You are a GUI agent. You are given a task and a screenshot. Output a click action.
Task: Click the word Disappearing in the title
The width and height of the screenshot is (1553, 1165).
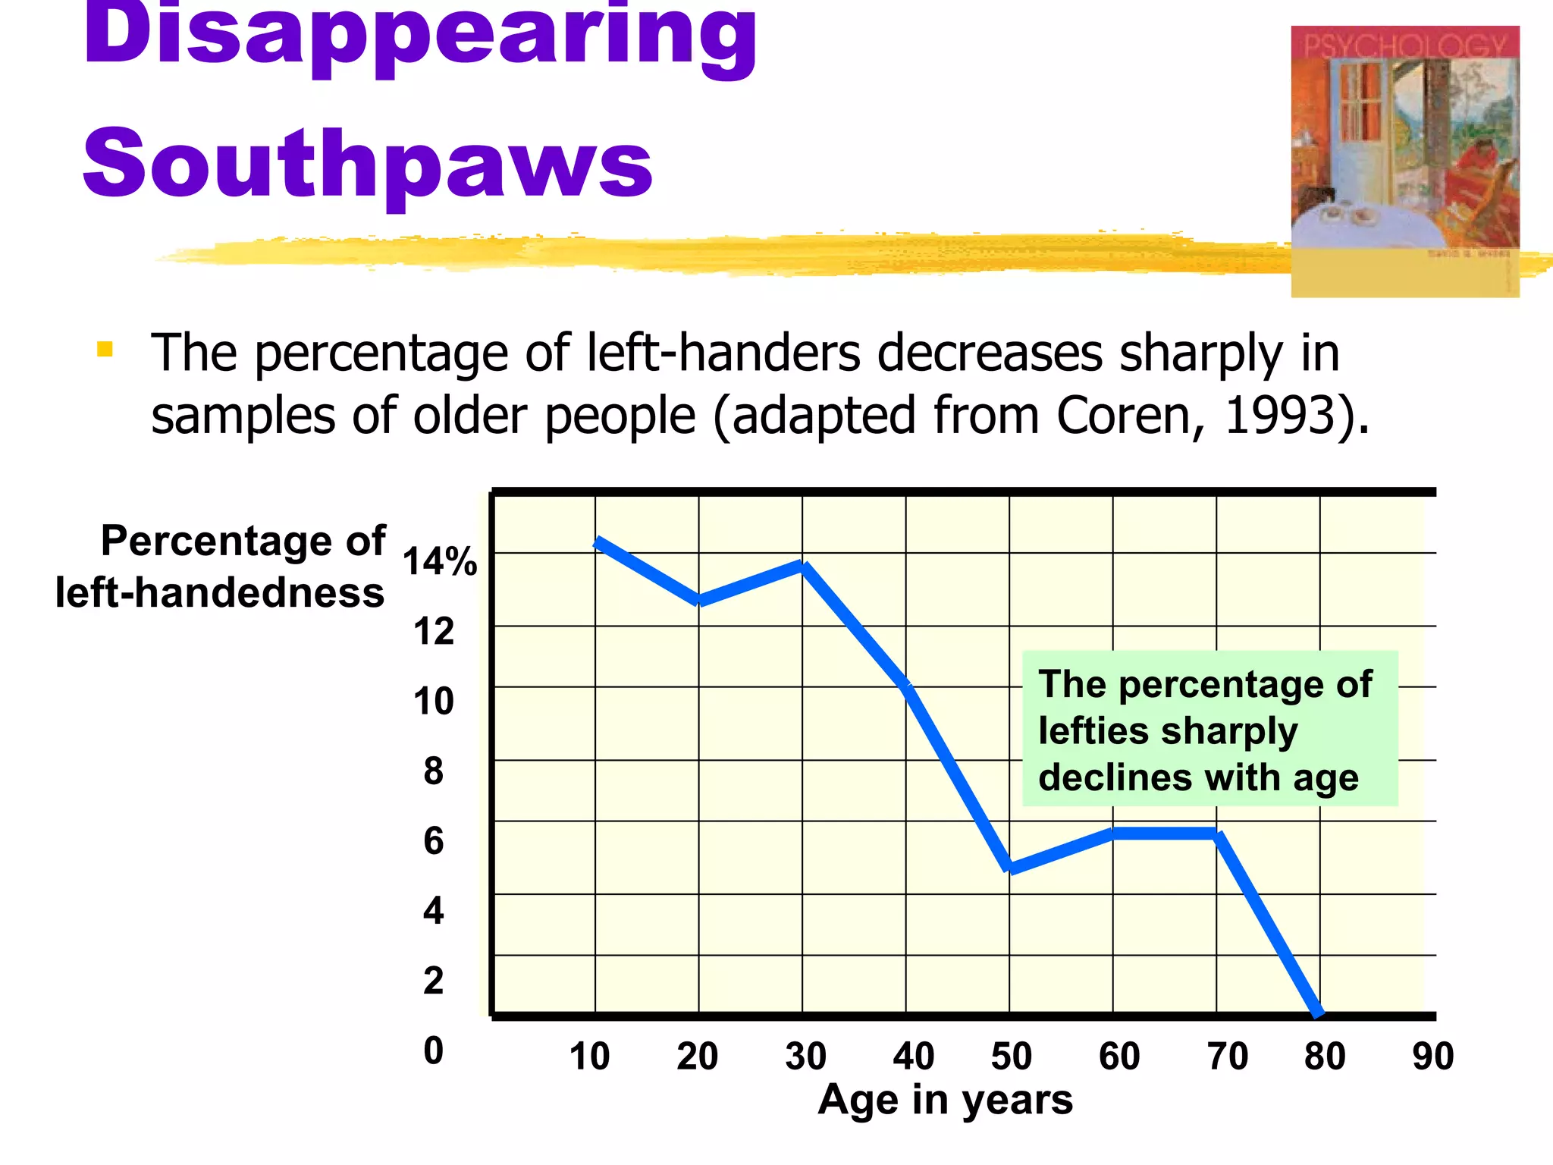419,34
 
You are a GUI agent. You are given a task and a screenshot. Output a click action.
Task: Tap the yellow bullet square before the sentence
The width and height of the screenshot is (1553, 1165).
105,350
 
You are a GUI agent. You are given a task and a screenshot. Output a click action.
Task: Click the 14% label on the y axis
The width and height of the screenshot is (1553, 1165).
439,562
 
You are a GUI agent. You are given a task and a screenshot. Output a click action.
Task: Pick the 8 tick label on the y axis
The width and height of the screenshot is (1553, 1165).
433,771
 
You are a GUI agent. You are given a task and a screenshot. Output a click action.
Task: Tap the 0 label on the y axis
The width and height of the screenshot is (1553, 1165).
433,1051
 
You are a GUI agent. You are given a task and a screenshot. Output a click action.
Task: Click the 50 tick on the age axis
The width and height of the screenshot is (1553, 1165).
1011,1057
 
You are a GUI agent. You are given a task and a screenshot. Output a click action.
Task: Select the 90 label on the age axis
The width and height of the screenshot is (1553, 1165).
1432,1057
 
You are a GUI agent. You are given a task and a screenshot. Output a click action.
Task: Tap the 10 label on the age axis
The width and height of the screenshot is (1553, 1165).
589,1057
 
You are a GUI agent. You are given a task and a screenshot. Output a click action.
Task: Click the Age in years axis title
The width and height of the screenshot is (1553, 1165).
945,1100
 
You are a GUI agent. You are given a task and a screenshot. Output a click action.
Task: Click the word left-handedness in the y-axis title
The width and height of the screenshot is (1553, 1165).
220,593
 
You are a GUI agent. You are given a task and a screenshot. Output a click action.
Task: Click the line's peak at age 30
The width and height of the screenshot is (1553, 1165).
803,565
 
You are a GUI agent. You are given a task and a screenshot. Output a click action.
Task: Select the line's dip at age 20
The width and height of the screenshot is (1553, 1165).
699,601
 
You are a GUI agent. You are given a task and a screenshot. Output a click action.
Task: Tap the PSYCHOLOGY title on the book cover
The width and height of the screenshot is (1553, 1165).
1404,46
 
